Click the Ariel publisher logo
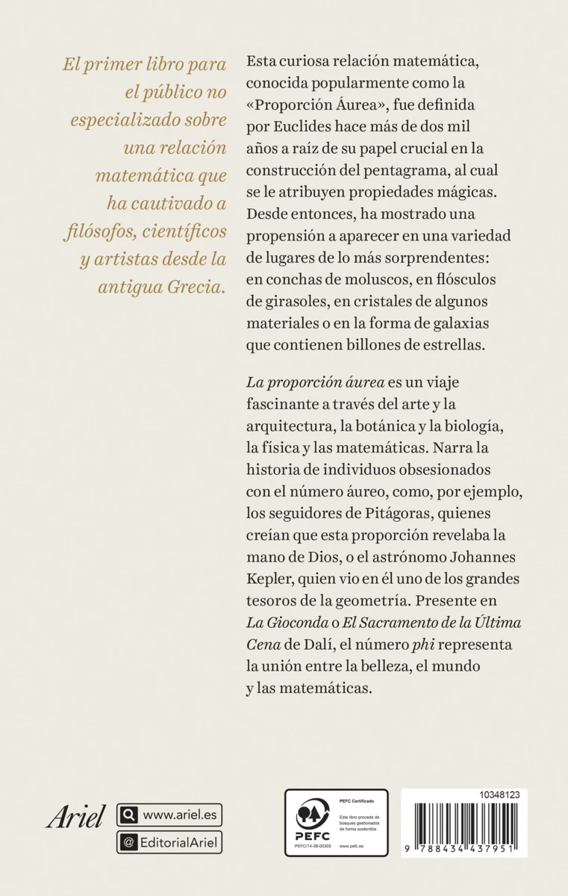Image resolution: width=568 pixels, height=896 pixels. point(77,817)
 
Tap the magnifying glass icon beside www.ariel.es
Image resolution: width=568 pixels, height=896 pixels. point(128,815)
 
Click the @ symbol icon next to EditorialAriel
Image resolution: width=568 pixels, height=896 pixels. point(128,842)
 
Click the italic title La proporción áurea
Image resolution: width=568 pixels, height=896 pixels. point(315,382)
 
